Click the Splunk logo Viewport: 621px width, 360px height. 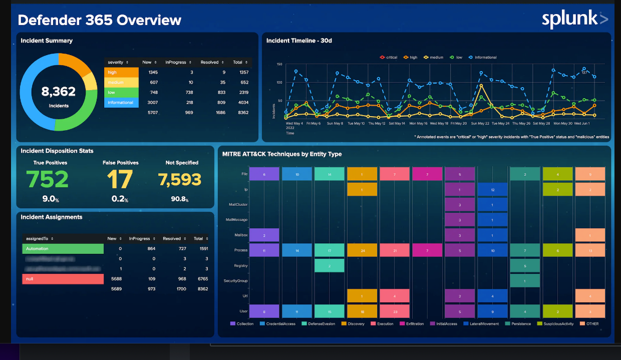[x=575, y=19]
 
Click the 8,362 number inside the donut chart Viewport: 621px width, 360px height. [x=59, y=92]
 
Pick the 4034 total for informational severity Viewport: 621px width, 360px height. [x=243, y=103]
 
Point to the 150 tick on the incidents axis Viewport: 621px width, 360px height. [x=279, y=65]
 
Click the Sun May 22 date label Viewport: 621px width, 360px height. [x=480, y=123]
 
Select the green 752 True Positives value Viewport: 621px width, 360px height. [x=47, y=179]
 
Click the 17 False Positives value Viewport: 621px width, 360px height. [x=120, y=179]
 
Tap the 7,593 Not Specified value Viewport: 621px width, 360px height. [x=179, y=179]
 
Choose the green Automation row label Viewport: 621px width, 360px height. [x=63, y=249]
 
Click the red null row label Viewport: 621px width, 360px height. [x=63, y=279]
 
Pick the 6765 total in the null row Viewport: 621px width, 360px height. [x=203, y=279]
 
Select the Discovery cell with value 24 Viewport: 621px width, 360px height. [x=362, y=250]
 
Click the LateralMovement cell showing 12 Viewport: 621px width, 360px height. [x=493, y=190]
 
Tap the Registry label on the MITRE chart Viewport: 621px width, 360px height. [x=241, y=266]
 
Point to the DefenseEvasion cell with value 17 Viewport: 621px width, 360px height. [x=329, y=250]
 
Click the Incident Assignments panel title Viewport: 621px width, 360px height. [x=52, y=217]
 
